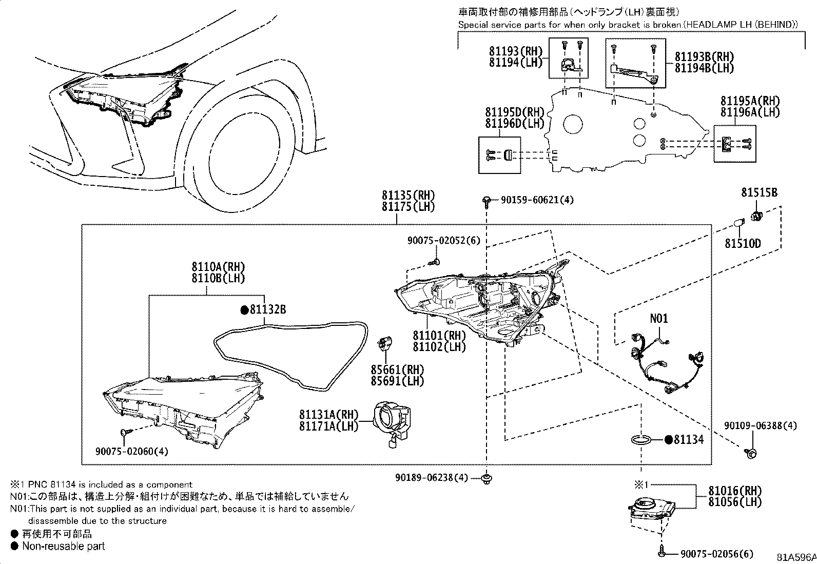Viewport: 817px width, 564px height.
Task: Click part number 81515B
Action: click(x=759, y=193)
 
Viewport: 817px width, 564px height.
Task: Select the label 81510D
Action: click(x=743, y=243)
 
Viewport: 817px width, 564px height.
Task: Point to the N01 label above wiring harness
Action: click(x=659, y=319)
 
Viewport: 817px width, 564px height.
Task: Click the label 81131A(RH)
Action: click(x=328, y=414)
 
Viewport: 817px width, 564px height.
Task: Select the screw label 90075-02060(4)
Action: click(x=132, y=451)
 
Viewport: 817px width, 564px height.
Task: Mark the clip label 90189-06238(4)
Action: click(x=432, y=477)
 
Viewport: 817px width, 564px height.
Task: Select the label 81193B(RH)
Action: click(x=704, y=57)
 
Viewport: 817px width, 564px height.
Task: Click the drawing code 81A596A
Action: click(x=796, y=557)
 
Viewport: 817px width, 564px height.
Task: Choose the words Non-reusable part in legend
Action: click(x=63, y=547)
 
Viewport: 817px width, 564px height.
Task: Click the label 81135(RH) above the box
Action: click(x=408, y=195)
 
